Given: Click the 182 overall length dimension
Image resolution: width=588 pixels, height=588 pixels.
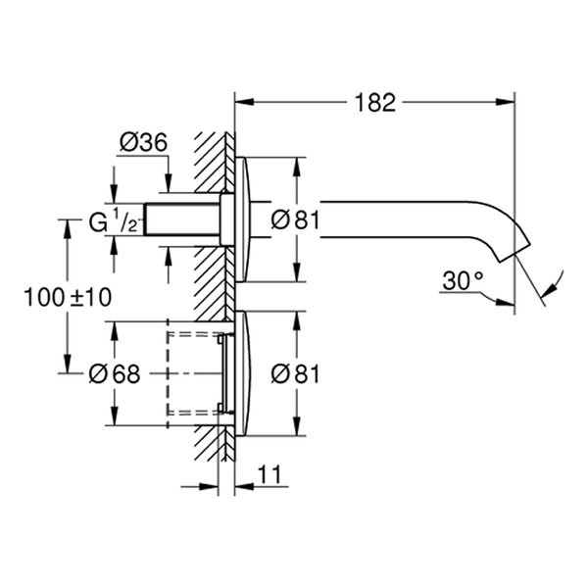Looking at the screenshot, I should [x=374, y=102].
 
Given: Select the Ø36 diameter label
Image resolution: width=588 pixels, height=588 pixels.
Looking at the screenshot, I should [x=142, y=142].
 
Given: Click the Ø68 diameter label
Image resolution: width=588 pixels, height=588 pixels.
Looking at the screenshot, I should [x=114, y=373].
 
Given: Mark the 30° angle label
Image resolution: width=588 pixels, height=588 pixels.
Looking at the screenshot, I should [x=463, y=281].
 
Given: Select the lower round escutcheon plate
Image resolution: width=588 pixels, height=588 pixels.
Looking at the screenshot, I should [x=243, y=373].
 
